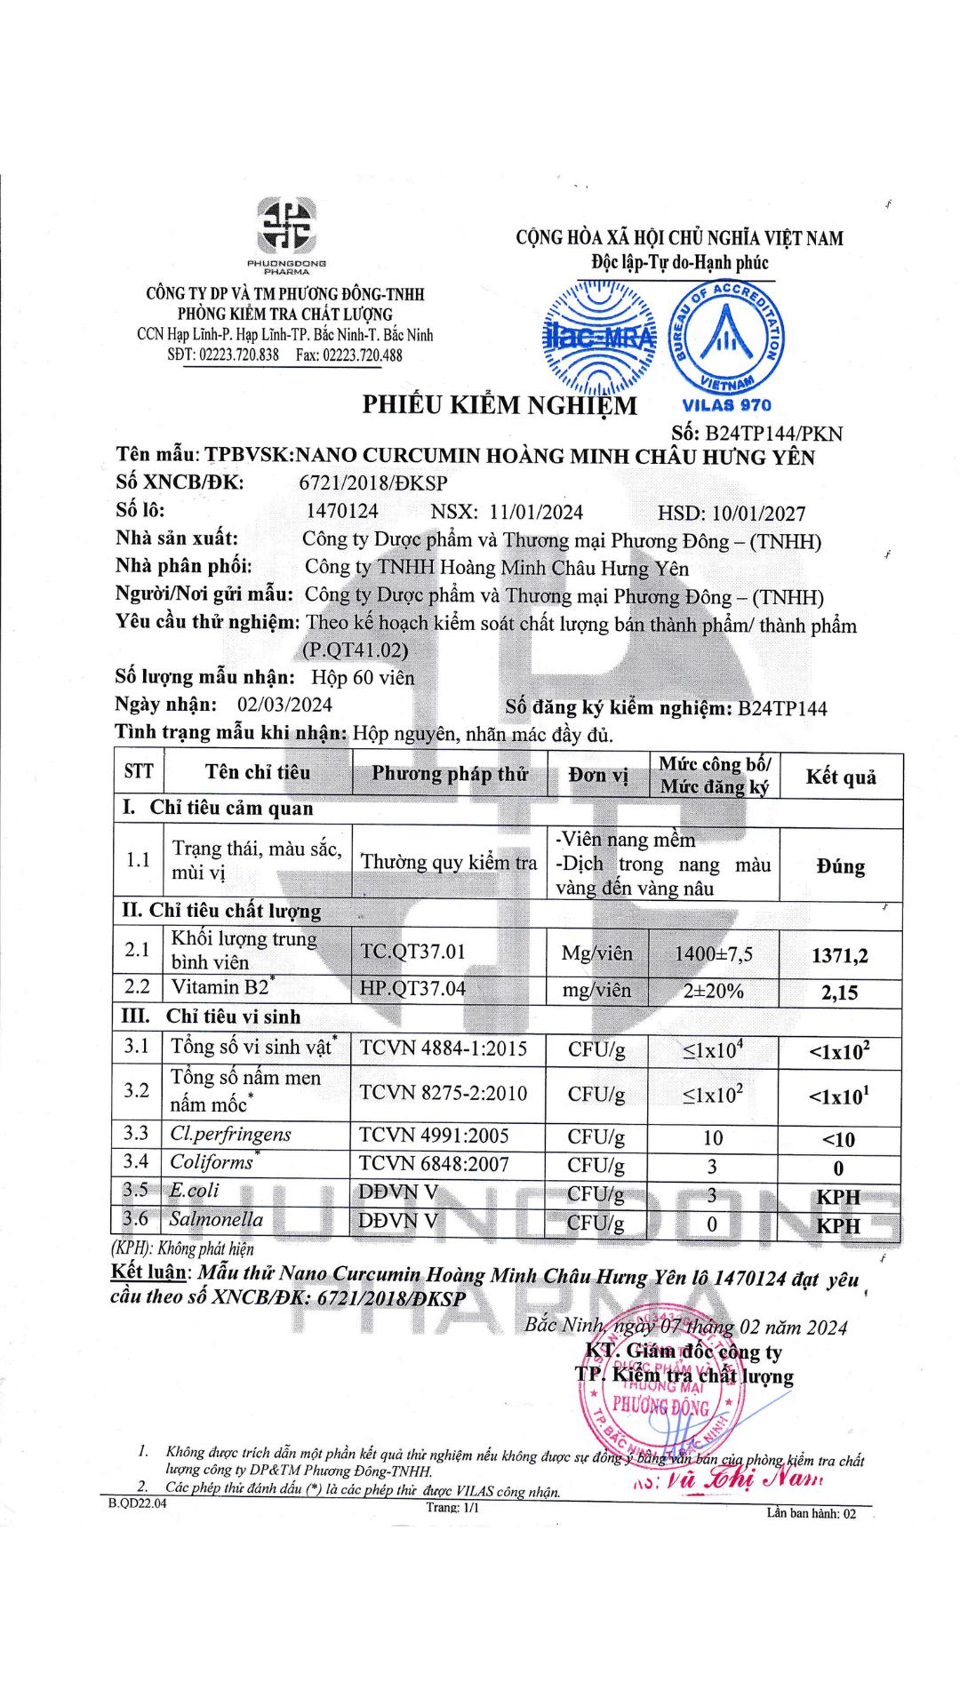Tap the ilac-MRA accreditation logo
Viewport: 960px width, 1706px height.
tap(599, 337)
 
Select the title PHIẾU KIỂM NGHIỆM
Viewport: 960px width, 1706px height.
tap(499, 405)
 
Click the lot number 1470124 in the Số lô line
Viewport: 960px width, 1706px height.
tap(341, 511)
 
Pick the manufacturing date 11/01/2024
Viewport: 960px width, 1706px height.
tap(536, 512)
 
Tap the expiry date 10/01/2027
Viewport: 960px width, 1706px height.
tap(758, 513)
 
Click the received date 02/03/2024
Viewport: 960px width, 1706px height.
tap(284, 705)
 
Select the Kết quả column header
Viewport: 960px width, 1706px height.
tap(840, 777)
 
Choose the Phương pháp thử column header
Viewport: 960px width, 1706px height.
tap(450, 774)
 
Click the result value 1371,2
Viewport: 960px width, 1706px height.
tap(839, 956)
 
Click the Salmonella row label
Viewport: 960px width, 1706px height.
tap(216, 1219)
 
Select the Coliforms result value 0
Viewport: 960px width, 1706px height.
tap(838, 1169)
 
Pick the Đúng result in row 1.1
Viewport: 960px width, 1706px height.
tap(840, 866)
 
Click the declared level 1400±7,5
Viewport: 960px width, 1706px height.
tap(713, 954)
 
